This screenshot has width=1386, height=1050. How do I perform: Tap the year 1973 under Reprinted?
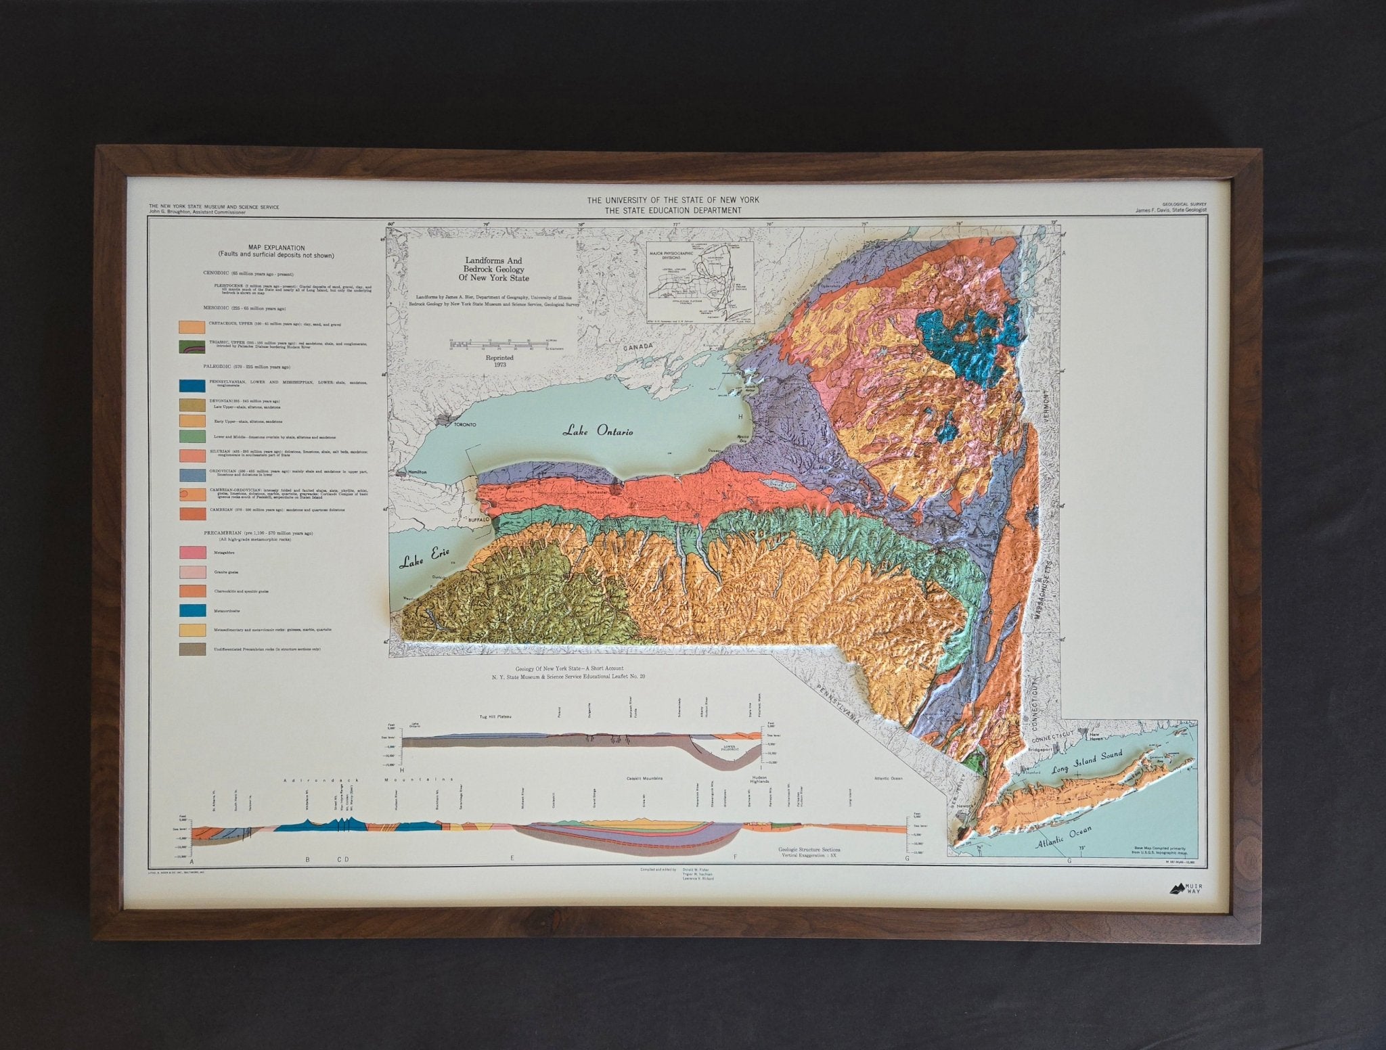[500, 365]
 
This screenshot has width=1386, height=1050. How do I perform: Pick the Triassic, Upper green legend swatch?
[192, 347]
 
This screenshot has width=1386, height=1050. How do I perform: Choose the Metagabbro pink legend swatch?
[192, 552]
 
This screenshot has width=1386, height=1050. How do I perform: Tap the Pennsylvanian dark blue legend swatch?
[192, 386]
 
